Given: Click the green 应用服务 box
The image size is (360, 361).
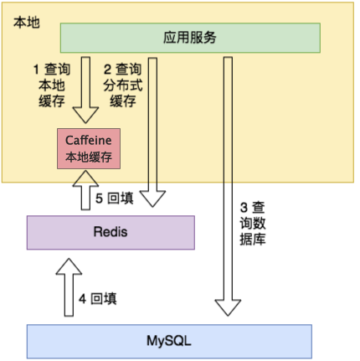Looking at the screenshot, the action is [x=190, y=38].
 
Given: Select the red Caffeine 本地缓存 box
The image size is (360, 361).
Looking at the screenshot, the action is [x=89, y=148].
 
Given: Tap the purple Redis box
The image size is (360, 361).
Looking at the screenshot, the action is [x=111, y=232].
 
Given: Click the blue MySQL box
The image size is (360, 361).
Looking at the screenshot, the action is [x=169, y=341].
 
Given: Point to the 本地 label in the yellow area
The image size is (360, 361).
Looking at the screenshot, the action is [x=27, y=23].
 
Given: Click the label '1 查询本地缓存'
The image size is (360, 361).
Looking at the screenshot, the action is [x=52, y=85].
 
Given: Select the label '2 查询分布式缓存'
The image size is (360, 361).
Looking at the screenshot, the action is [x=123, y=85].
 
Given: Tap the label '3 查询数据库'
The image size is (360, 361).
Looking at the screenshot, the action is [x=253, y=224].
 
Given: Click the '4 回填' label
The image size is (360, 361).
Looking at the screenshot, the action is [x=97, y=299].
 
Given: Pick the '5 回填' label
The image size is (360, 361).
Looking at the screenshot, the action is [x=115, y=199].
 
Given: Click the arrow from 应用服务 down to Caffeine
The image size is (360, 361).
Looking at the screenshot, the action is [x=85, y=90].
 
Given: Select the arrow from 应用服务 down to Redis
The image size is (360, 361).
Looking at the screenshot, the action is [x=152, y=132].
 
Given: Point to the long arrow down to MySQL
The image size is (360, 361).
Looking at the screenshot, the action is [x=228, y=186].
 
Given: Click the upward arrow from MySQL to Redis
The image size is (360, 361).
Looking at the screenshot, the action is [x=69, y=287].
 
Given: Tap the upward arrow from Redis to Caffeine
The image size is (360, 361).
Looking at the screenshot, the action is [x=85, y=190].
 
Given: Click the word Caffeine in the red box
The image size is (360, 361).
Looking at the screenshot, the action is [x=89, y=140].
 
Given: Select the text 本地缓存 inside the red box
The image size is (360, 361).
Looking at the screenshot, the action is [x=89, y=157].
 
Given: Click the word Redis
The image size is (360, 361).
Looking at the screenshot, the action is [x=111, y=232].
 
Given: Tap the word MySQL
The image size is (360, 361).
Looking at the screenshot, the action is [x=169, y=341].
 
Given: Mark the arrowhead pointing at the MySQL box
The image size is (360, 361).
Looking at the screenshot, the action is [x=228, y=308].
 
